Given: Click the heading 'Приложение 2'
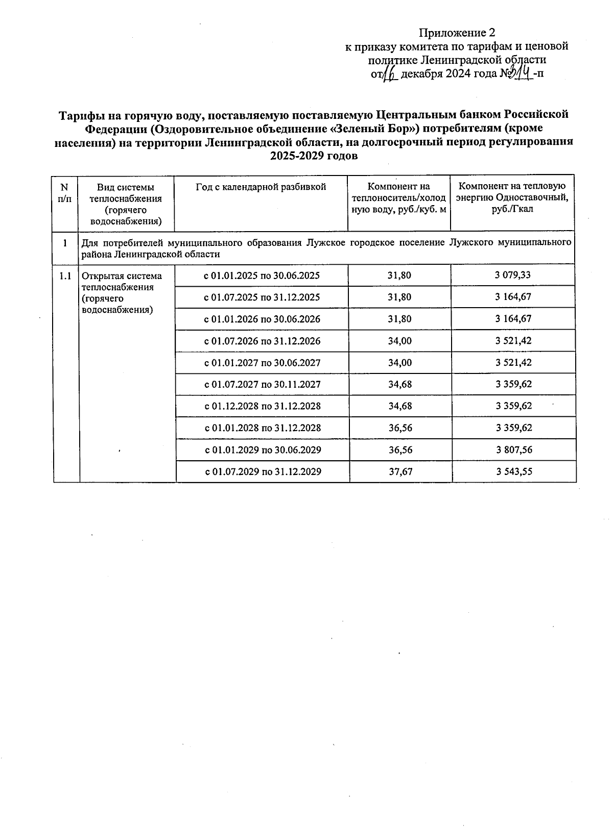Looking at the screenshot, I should click(x=457, y=33).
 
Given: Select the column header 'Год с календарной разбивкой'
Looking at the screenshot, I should click(x=261, y=187).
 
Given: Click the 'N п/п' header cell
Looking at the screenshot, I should click(x=65, y=192).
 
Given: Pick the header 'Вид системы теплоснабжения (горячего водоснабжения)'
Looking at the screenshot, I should click(x=126, y=204).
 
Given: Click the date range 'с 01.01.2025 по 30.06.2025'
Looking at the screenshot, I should click(x=262, y=275).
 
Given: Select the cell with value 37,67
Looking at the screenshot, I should click(x=400, y=471).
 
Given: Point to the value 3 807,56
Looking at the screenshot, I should click(x=513, y=449).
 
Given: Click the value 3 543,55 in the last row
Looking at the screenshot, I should click(x=513, y=471).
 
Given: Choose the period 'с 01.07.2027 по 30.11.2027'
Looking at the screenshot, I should click(x=262, y=384).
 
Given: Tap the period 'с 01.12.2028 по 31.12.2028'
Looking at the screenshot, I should click(x=262, y=406).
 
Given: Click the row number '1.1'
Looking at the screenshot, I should click(x=65, y=276).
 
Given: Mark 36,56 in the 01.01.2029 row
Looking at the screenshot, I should click(x=400, y=449).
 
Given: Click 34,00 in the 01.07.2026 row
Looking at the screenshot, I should click(x=399, y=341).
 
